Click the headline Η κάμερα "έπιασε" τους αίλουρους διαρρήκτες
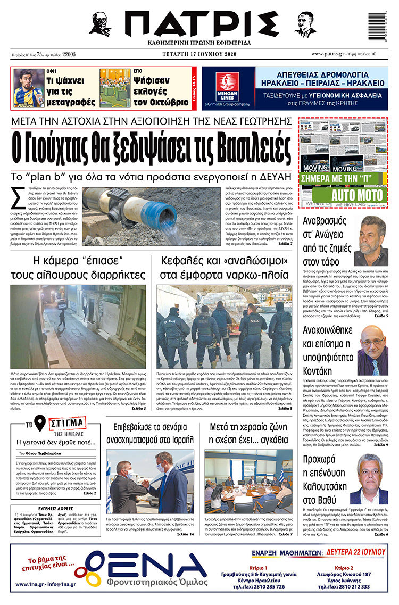pyautogui.click(x=78, y=268)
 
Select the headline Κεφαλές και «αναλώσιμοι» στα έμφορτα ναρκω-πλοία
pyautogui.click(x=223, y=268)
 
